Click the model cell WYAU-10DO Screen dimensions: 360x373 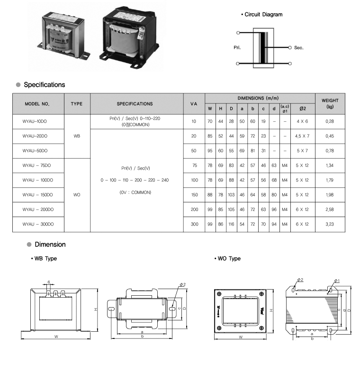coord(35,121)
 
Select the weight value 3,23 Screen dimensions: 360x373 coord(330,224)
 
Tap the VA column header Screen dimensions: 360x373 coord(194,104)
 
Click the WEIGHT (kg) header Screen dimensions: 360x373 coord(330,103)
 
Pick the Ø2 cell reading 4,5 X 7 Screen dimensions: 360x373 coord(302,136)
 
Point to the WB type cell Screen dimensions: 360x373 coord(77,136)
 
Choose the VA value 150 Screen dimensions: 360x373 coord(195,195)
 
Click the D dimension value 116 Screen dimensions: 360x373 coord(231,224)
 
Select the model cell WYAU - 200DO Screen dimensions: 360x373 coord(38,209)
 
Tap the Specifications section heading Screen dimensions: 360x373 coord(44,85)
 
